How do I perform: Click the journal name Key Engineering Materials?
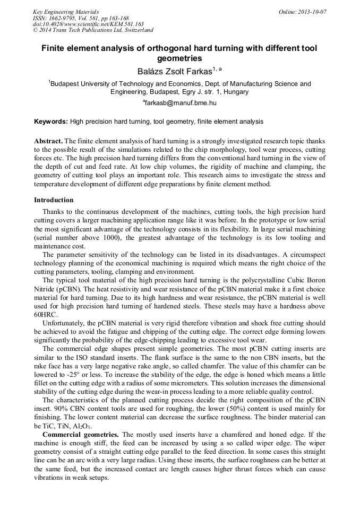pyautogui.click(x=66, y=11)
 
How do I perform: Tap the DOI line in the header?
pyautogui.click(x=88, y=24)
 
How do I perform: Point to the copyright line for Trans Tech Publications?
pyautogui.click(x=93, y=30)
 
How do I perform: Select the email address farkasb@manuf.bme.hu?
pyautogui.click(x=181, y=102)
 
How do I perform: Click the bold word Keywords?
pyautogui.click(x=51, y=122)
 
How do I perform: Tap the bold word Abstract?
pyautogui.click(x=48, y=141)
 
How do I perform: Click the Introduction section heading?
pyautogui.click(x=54, y=200)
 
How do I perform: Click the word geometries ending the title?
pyautogui.click(x=179, y=58)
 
